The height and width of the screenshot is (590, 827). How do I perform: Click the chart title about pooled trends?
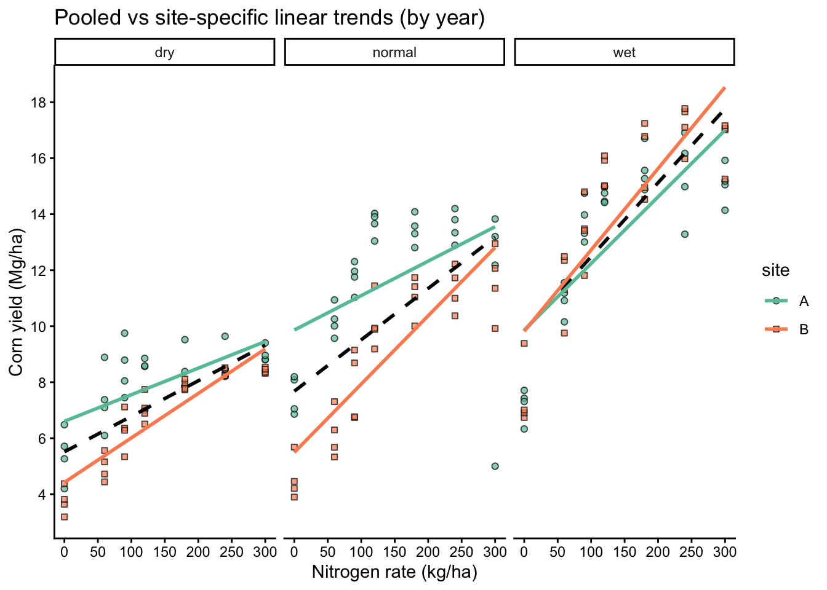point(270,17)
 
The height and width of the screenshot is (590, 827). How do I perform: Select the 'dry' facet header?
point(164,52)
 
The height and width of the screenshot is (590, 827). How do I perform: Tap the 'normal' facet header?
point(394,52)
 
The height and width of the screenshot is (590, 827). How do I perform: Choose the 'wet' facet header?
point(624,52)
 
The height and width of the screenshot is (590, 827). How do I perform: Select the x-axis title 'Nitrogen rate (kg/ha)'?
point(394,572)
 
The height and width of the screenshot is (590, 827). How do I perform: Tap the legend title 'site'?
point(775,270)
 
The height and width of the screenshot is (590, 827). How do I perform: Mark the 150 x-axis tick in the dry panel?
point(164,551)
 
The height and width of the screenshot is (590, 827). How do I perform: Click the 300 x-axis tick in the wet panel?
point(725,551)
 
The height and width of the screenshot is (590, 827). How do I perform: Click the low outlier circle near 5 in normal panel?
point(495,466)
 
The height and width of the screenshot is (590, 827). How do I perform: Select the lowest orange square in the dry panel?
point(64,517)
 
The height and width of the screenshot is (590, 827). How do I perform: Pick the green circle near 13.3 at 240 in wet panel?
point(684,234)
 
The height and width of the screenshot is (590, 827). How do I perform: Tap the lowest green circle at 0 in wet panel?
point(524,429)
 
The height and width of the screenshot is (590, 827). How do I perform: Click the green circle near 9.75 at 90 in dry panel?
point(124,333)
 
